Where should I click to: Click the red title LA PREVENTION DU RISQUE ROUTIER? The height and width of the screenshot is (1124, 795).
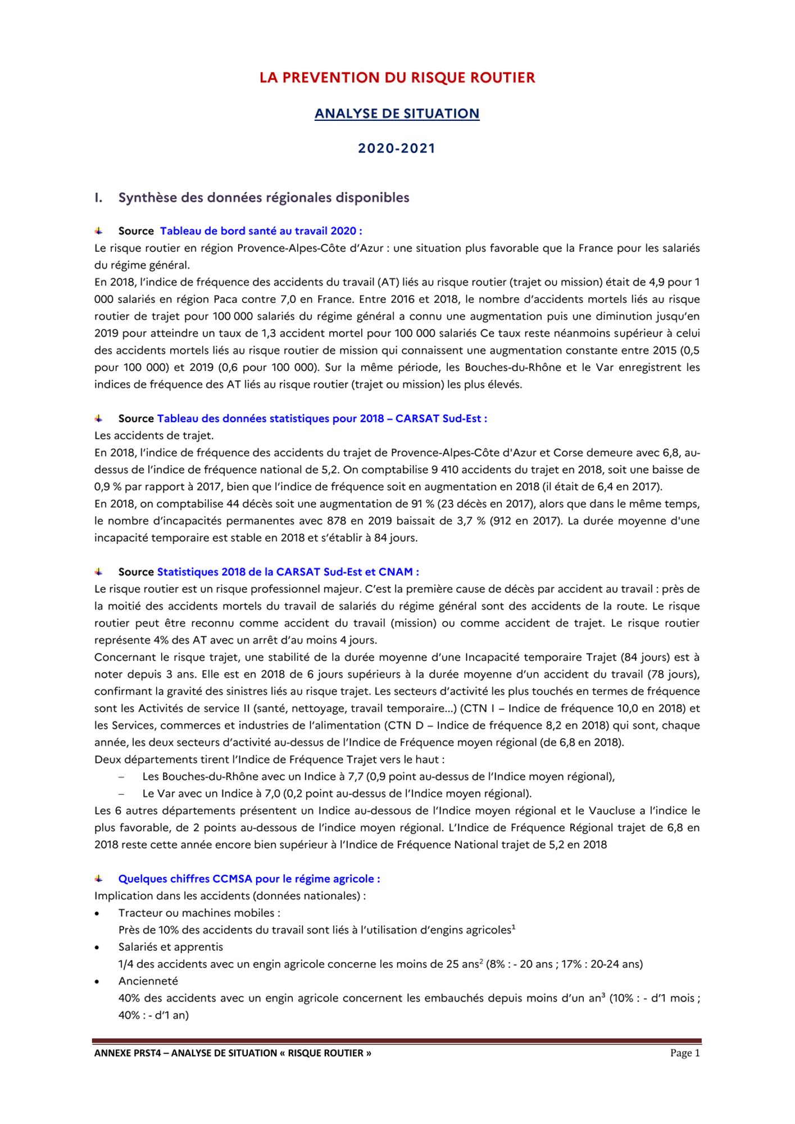397,78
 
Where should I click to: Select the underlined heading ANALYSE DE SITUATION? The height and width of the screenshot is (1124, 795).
397,114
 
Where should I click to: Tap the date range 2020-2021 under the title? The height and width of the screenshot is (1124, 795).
397,148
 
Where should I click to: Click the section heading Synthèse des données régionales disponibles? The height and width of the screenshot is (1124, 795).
264,198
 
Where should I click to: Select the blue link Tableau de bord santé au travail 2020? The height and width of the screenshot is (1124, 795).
261,231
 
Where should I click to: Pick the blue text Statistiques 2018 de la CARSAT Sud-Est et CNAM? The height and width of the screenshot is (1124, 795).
288,572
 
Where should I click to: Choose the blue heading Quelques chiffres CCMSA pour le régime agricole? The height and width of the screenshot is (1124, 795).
249,879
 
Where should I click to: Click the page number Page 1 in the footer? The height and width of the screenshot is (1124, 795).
685,1053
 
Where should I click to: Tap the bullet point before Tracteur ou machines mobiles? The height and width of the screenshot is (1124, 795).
98,914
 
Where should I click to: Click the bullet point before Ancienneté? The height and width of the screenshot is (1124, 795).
98,982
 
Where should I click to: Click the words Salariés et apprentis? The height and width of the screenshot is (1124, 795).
171,947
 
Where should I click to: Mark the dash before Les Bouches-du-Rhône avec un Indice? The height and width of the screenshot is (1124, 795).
121,777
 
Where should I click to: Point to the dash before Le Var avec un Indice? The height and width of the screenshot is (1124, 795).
121,794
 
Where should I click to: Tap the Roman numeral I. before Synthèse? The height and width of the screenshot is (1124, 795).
98,198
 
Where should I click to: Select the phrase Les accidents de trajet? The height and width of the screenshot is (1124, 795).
154,436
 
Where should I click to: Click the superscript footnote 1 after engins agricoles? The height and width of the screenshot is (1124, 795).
514,927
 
